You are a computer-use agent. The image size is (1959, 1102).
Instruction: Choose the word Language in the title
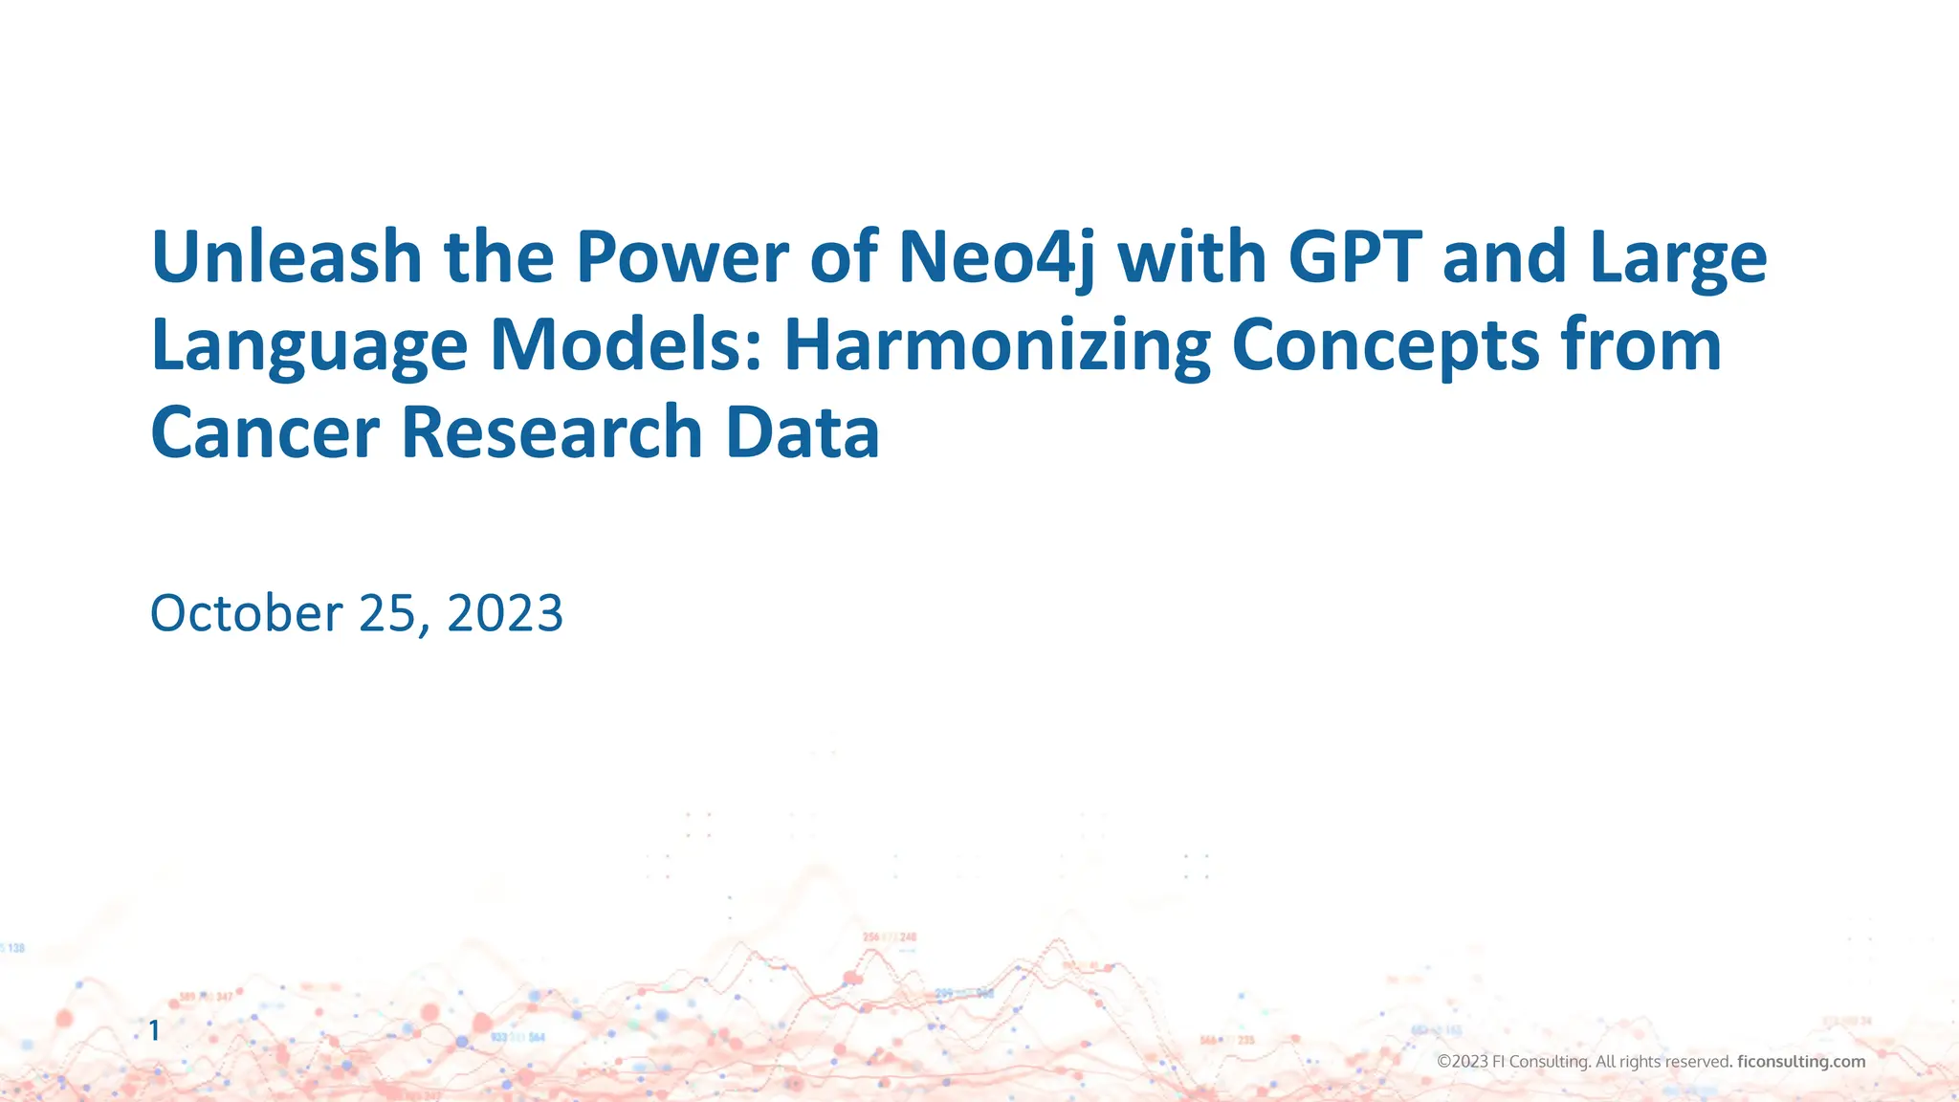click(309, 346)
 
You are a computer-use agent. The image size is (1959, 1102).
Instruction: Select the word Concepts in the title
click(1386, 346)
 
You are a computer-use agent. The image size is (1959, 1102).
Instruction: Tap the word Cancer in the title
click(265, 432)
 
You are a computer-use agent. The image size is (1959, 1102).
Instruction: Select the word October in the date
click(246, 613)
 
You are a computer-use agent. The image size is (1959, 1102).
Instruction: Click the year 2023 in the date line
click(505, 613)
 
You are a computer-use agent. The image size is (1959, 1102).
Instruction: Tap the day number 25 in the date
click(387, 613)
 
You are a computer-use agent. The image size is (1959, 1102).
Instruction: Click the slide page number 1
click(154, 1030)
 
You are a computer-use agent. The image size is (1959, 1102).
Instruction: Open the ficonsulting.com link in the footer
click(1800, 1062)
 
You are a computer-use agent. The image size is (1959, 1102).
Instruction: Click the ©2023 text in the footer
click(1463, 1062)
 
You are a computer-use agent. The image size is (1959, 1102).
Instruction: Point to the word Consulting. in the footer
click(1550, 1062)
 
